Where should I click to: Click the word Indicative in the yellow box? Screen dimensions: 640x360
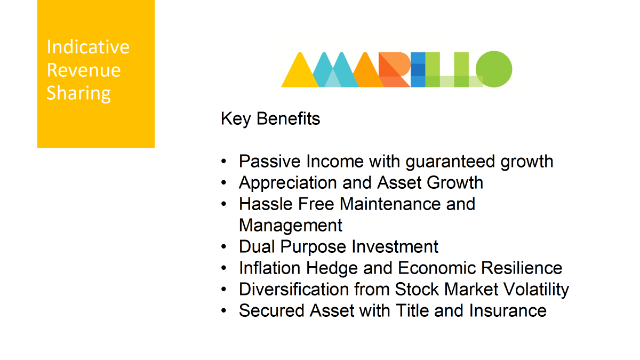coord(88,46)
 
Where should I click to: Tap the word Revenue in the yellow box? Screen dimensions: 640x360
coord(84,70)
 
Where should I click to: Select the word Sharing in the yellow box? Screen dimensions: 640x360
coord(78,93)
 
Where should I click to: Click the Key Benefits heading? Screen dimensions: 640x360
coord(270,119)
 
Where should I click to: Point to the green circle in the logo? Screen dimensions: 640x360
coord(494,69)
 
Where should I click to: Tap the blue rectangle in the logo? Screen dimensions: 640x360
coord(418,69)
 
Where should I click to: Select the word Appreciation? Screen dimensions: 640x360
coord(288,183)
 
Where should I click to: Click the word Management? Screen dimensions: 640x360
coord(291,226)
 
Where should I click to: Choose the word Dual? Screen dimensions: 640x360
coord(257,246)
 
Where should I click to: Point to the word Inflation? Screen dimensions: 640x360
coord(270,268)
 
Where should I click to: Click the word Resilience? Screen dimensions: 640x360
coord(522,268)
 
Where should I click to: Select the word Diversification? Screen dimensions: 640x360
coord(294,290)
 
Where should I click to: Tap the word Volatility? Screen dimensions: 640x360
coord(537,290)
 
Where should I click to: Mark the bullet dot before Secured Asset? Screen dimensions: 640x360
coord(223,310)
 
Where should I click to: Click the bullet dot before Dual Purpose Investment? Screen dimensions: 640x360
coord(223,246)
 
